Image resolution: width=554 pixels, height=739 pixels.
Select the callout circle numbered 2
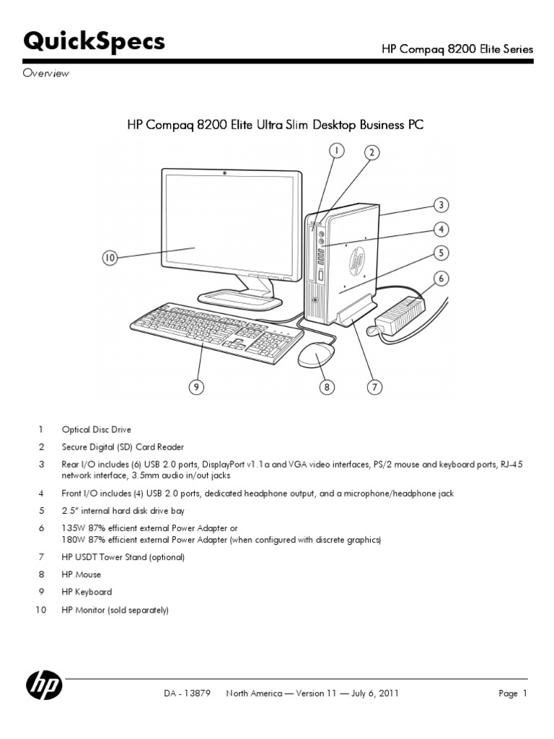[x=371, y=152]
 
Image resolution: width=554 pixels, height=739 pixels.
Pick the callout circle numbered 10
[x=110, y=258]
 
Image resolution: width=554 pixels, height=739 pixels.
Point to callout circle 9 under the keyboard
[x=195, y=388]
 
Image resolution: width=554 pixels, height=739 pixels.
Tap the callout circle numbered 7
[x=374, y=388]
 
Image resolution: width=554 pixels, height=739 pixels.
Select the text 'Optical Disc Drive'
[x=96, y=429]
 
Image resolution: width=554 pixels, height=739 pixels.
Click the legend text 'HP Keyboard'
[x=87, y=592]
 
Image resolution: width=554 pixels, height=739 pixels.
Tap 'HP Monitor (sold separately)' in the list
[x=115, y=610]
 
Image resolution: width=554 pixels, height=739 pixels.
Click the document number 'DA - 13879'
[x=187, y=694]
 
